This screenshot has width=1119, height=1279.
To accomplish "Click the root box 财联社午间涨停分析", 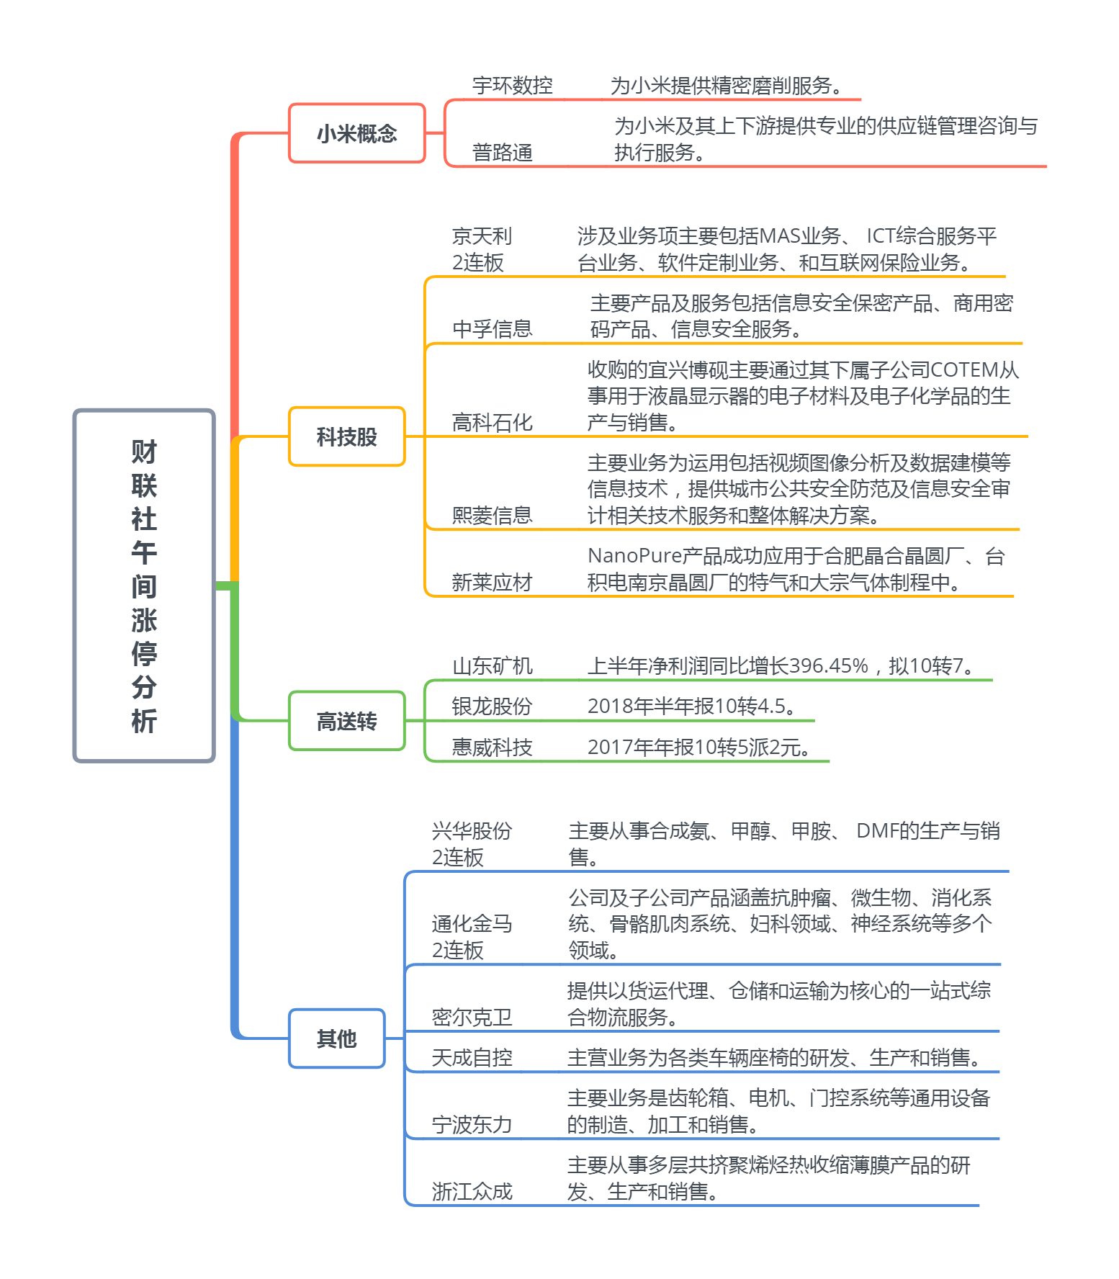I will coord(144,585).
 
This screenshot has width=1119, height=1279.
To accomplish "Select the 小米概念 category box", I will coord(356,133).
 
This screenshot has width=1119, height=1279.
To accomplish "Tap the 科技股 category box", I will coord(346,436).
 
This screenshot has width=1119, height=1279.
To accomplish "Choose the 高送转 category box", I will coord(346,721).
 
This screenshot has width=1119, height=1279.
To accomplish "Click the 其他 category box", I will coord(336,1038).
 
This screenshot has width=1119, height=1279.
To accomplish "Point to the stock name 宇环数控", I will coord(512,86).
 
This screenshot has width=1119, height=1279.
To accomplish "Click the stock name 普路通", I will coord(502,153).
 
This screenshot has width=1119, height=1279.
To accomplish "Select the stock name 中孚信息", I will coord(492,329).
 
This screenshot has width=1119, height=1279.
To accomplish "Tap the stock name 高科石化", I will coord(492,423).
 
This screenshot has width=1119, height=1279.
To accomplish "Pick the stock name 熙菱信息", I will coord(492,516).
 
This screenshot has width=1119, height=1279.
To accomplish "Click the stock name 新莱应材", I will coord(492,583).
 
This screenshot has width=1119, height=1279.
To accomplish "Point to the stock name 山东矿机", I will coord(492,666).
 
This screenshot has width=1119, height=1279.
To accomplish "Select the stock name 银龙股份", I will coord(492,706).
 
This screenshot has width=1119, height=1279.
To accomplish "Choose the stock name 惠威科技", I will coord(492,748).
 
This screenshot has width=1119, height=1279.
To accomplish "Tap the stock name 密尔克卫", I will coord(472,1018).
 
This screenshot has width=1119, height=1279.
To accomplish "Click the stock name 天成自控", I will coord(472,1058).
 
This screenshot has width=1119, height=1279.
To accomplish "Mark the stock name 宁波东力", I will coord(472,1125).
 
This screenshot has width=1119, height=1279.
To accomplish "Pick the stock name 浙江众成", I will coord(472,1192).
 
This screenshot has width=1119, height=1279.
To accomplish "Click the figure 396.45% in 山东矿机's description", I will coord(828,666).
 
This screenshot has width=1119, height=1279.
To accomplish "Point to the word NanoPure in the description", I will coord(634,556).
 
